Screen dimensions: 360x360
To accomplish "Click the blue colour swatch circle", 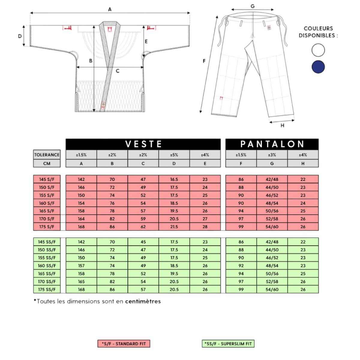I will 318,67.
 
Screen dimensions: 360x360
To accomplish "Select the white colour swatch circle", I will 318,50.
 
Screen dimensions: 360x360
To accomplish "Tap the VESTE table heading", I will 143,144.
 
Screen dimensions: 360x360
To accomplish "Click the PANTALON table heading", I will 272,144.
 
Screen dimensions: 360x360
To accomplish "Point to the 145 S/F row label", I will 47,179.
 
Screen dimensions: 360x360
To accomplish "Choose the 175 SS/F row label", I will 47,289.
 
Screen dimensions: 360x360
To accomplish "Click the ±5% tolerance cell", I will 174,155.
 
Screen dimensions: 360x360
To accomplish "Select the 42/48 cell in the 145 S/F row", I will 272,179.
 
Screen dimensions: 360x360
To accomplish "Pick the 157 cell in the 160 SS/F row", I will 81,265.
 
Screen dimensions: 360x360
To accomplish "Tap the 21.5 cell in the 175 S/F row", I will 174,227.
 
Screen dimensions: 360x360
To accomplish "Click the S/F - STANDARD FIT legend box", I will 124,344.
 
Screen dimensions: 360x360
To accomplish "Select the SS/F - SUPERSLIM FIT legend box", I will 228,344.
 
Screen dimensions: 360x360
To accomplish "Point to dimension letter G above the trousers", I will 252,6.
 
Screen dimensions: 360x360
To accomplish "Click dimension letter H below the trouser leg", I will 282,125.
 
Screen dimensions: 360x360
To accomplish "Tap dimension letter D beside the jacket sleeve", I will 20,36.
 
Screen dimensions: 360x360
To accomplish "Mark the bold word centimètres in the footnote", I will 143,301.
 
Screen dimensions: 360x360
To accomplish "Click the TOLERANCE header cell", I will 47,155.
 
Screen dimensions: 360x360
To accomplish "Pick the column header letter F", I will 241,163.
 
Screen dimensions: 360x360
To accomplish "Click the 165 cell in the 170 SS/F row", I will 81,282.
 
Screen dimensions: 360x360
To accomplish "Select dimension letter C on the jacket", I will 118,71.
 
